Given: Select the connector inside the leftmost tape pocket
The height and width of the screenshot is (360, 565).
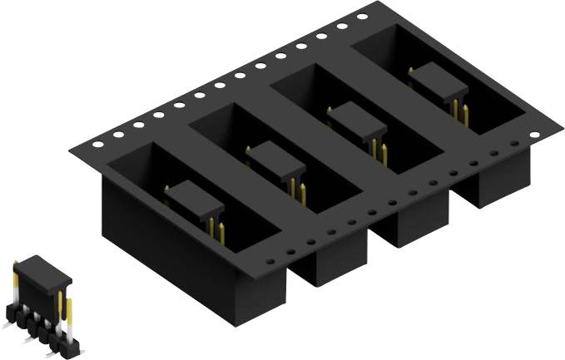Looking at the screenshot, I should point(195,200).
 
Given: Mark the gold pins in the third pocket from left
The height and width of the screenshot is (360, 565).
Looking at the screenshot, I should point(379,152).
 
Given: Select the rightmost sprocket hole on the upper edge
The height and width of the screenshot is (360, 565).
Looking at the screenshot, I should point(362,17).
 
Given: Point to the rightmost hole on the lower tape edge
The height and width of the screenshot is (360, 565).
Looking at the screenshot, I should point(513,144).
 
